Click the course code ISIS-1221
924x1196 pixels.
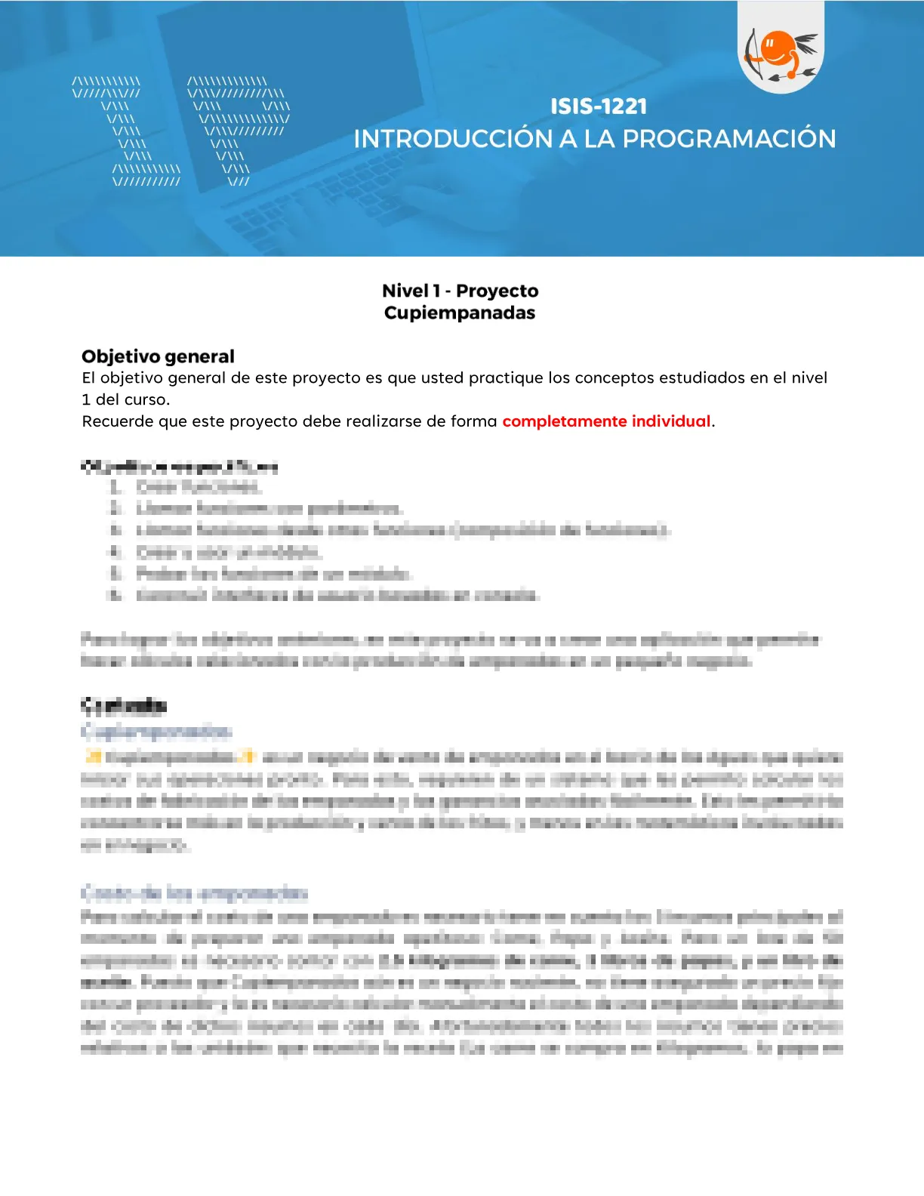pyautogui.click(x=598, y=106)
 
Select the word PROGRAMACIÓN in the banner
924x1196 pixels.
pyautogui.click(x=729, y=139)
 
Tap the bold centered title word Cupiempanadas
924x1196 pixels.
pyautogui.click(x=459, y=313)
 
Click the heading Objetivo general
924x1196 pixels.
pyautogui.click(x=158, y=356)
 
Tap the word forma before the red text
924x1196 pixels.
pyautogui.click(x=473, y=421)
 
